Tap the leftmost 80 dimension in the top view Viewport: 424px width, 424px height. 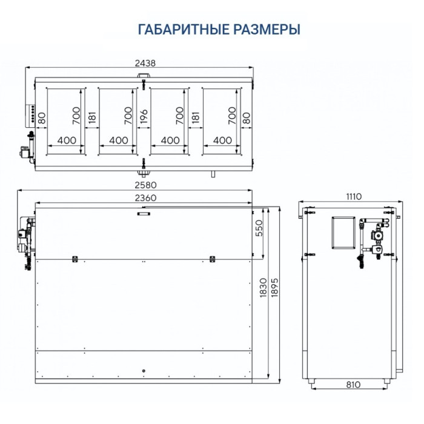point(42,119)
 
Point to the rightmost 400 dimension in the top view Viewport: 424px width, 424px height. point(223,140)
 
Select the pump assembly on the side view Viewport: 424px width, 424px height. point(372,239)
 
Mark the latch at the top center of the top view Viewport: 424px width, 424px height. point(143,76)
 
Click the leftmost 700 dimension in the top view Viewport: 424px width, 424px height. point(77,116)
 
